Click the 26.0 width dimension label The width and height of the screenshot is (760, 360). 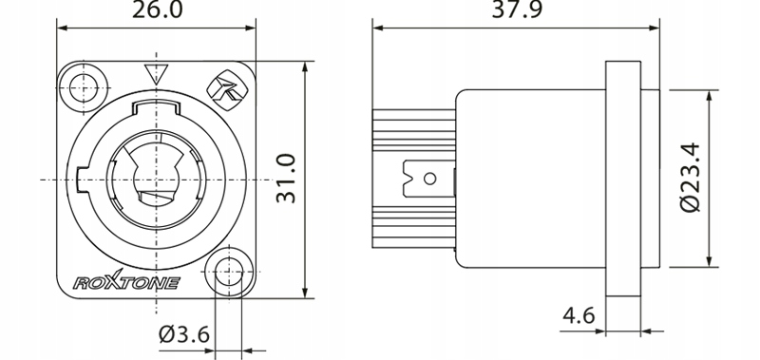tap(157, 11)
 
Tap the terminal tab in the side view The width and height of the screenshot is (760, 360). tap(427, 178)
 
